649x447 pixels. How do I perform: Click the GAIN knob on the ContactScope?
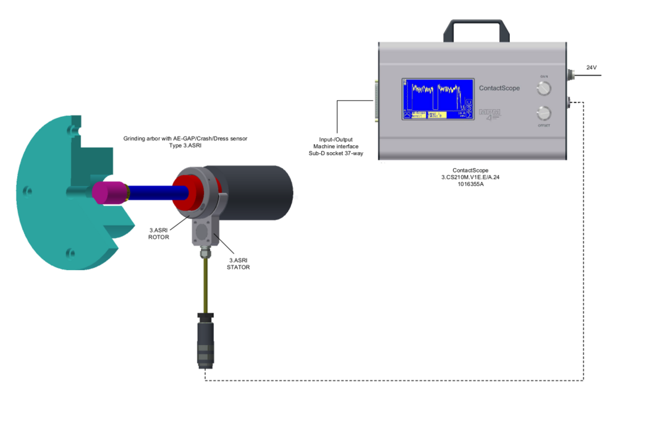[x=544, y=89]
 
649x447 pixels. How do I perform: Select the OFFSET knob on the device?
[x=544, y=113]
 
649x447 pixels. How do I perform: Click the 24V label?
[x=592, y=68]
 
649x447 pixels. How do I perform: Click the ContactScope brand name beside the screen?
[x=499, y=88]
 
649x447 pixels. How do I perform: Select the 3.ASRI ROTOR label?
[x=159, y=232]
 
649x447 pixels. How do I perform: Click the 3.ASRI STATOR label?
[x=239, y=264]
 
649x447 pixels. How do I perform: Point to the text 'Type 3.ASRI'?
[x=185, y=145]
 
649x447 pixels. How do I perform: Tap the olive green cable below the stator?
[x=205, y=284]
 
